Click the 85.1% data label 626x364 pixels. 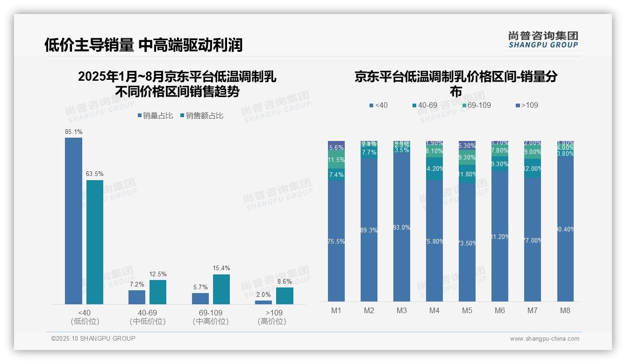tap(74, 132)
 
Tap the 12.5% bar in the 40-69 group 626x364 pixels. tap(158, 292)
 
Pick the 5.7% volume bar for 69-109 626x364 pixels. tap(200, 299)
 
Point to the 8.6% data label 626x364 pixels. tap(285, 282)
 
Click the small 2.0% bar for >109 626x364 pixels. tap(263, 302)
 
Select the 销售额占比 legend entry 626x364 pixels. tap(201, 116)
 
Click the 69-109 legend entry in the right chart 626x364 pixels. tap(477, 105)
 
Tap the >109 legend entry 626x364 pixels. tap(526, 105)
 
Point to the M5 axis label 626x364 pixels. tap(467, 311)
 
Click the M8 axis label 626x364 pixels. tap(565, 311)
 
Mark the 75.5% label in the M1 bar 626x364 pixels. tap(336, 242)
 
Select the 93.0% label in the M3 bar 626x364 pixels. tap(402, 228)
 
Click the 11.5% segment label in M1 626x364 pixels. tap(336, 160)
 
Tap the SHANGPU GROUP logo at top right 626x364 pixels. tap(543, 40)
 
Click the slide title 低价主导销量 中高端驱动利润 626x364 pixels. tap(143, 45)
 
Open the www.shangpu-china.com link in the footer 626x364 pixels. tap(544, 339)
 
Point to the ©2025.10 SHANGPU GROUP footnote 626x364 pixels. tap(93, 338)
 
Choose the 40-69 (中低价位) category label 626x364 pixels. tap(148, 317)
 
